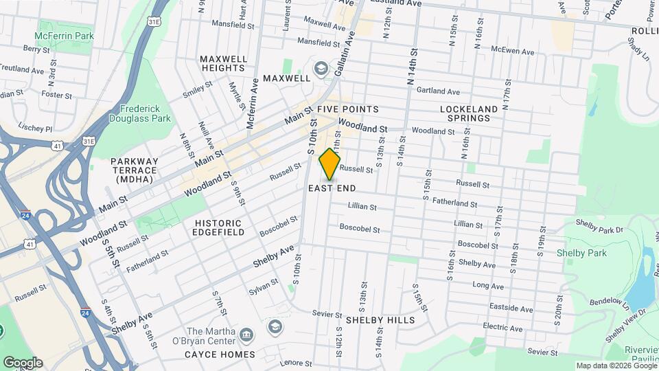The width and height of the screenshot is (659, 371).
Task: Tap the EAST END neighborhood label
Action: pos(332,188)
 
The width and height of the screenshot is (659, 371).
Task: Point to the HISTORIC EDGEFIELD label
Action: pos(219,227)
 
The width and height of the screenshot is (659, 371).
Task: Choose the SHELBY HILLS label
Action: pos(380,320)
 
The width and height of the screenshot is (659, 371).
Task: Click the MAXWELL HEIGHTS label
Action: pos(224,64)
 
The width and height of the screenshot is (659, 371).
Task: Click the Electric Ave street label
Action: pos(502,326)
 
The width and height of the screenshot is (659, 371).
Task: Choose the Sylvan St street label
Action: pos(264,286)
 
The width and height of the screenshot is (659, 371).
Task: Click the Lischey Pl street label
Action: pos(36,128)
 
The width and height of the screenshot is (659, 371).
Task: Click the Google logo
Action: pos(23,363)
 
